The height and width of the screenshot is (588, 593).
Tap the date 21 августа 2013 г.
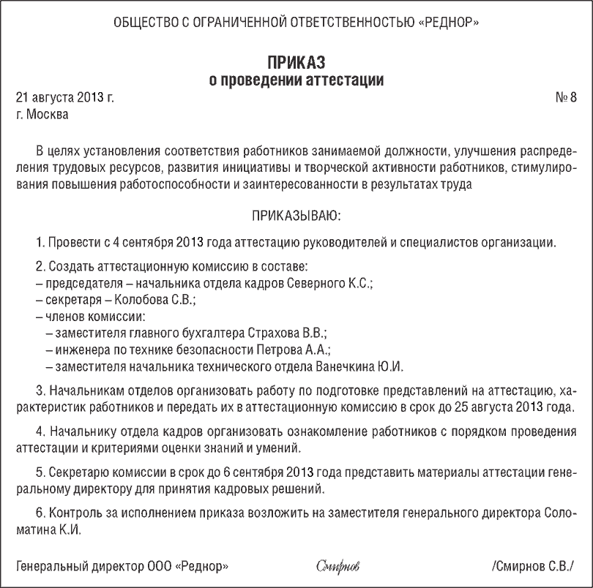(x=64, y=97)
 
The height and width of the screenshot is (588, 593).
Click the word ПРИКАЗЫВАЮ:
(x=296, y=216)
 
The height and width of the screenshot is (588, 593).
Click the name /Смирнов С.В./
(x=533, y=566)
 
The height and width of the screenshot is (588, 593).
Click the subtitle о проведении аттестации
(x=296, y=79)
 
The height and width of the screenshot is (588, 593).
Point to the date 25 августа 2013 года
(x=519, y=407)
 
